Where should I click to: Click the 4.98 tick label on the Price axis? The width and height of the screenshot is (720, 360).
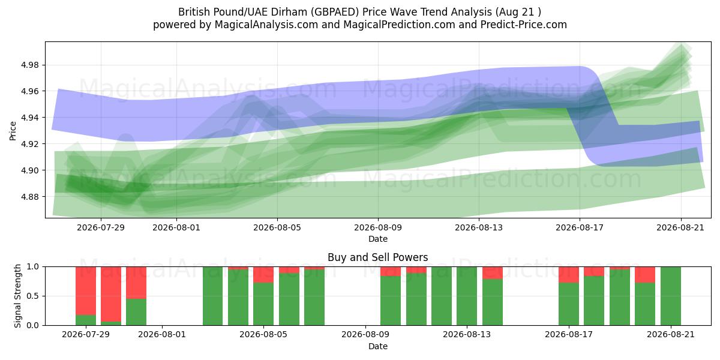click(x=29, y=65)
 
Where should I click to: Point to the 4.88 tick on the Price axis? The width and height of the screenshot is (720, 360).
click(x=29, y=197)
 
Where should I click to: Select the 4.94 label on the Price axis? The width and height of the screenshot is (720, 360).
click(x=29, y=118)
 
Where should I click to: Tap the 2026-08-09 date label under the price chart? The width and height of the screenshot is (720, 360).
click(x=378, y=227)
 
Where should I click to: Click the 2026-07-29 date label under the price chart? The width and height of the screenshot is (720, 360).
click(x=101, y=227)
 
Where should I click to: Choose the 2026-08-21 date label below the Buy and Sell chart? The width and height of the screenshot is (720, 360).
click(x=671, y=335)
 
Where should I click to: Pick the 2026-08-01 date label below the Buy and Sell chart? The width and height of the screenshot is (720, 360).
click(x=162, y=335)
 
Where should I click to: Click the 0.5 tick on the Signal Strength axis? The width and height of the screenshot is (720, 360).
click(x=32, y=296)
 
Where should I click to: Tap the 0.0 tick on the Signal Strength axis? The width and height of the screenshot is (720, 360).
click(x=32, y=325)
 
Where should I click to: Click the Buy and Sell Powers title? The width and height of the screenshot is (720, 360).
click(x=377, y=257)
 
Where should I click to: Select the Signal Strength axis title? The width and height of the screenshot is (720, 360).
click(x=17, y=296)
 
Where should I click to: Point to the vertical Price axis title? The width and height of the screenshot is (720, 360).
click(x=13, y=131)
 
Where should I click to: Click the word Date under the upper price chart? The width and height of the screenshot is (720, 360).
click(x=378, y=239)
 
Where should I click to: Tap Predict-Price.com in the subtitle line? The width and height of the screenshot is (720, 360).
click(x=524, y=25)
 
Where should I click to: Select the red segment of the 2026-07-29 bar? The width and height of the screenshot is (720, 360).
click(x=86, y=291)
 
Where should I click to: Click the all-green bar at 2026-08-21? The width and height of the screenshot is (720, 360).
click(x=671, y=296)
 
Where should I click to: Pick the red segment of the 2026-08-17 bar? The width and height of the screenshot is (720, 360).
click(x=569, y=275)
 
